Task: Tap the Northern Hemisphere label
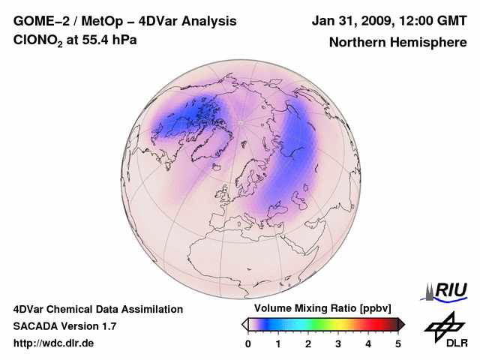click(397, 43)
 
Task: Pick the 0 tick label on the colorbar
click(248, 343)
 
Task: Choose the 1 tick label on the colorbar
click(278, 343)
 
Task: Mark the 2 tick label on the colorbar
click(308, 343)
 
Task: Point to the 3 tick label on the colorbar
click(338, 343)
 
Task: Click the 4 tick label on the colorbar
click(368, 343)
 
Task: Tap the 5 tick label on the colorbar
click(398, 343)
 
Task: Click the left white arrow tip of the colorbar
click(244, 324)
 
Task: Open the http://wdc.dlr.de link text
click(54, 343)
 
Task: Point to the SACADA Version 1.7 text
click(64, 326)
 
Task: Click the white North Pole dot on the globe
click(241, 122)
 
